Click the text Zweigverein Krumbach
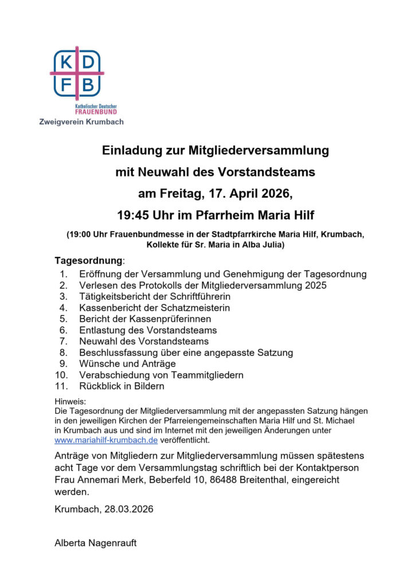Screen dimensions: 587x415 (81, 122)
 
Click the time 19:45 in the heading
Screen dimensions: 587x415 (132, 216)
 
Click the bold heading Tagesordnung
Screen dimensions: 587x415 (88, 261)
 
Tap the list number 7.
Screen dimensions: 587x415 (64, 341)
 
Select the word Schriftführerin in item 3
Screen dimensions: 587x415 (198, 296)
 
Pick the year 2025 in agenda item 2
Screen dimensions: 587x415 (315, 285)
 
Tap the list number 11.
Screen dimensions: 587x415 (61, 386)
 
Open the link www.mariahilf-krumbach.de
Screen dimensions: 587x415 (105, 440)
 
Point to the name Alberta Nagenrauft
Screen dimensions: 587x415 (95, 543)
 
